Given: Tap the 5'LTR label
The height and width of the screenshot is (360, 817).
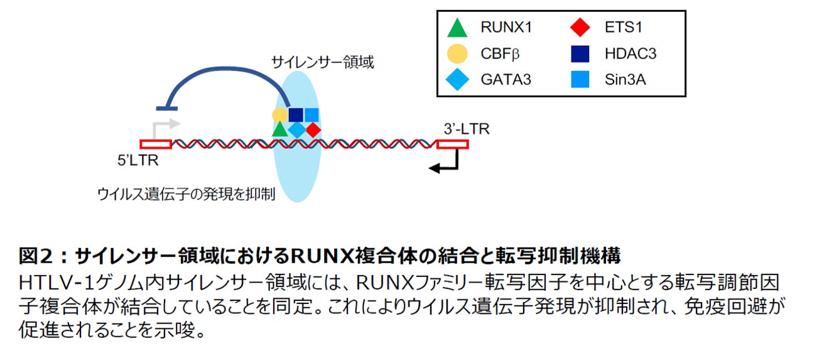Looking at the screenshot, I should pos(138,160).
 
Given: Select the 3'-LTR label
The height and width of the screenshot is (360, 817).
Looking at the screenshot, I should pos(466,129).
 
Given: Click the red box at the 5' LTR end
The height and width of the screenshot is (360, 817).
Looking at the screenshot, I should pos(155,145).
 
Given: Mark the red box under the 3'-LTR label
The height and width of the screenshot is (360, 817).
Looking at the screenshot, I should pos(452,145).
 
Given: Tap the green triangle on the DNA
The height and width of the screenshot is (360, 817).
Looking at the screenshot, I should pos(280,129).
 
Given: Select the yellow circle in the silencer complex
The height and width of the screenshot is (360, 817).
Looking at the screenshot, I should pos(280,115).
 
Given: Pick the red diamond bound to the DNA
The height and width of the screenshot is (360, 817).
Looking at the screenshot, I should pos(313,129).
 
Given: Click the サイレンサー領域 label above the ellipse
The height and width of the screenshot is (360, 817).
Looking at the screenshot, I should pos(322,62).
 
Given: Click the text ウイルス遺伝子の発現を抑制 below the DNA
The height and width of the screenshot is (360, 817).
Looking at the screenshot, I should pos(187,194).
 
